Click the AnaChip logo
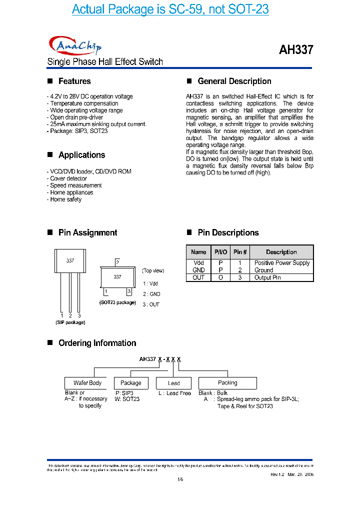click(x=75, y=46)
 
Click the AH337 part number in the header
click(x=295, y=50)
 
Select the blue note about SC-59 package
click(x=170, y=9)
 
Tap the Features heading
click(x=74, y=81)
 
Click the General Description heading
click(x=234, y=81)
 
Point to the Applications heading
click(x=81, y=155)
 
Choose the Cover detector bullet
click(x=68, y=178)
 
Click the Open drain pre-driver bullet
click(x=76, y=117)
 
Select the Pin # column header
click(x=240, y=252)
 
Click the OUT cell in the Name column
click(x=198, y=277)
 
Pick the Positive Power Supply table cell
click(x=282, y=263)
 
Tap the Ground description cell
click(x=264, y=270)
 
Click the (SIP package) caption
click(x=70, y=322)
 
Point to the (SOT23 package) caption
click(x=117, y=302)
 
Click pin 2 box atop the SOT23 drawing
click(x=117, y=262)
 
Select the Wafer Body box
click(x=87, y=383)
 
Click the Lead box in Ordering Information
click(x=174, y=383)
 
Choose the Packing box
click(x=227, y=383)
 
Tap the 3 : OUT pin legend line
click(x=151, y=304)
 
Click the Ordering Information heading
click(x=97, y=343)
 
